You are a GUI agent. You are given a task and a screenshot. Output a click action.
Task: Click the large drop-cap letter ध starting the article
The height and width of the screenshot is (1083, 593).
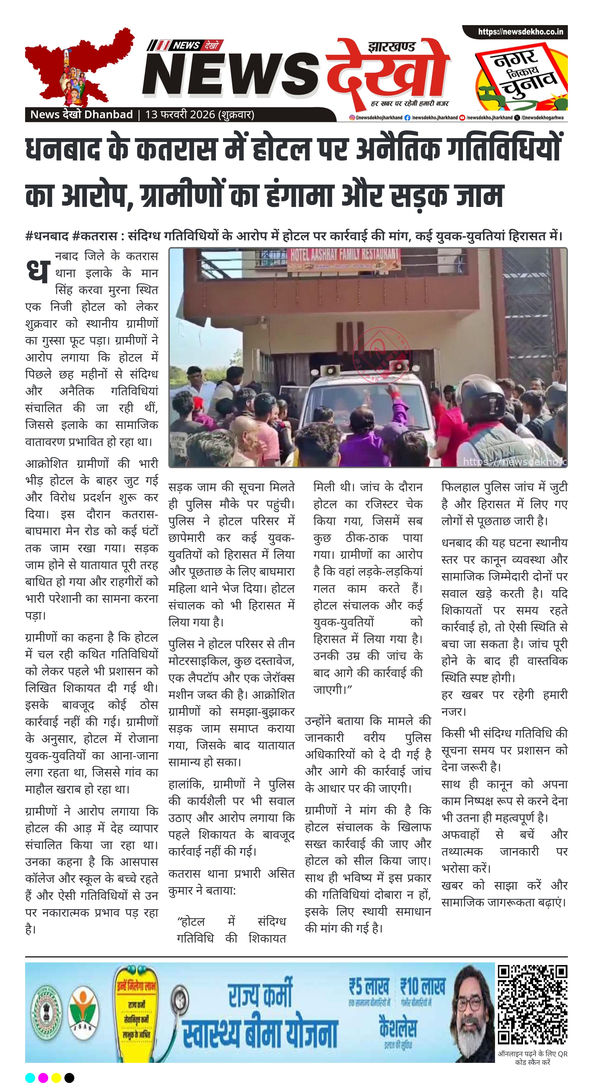38,270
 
